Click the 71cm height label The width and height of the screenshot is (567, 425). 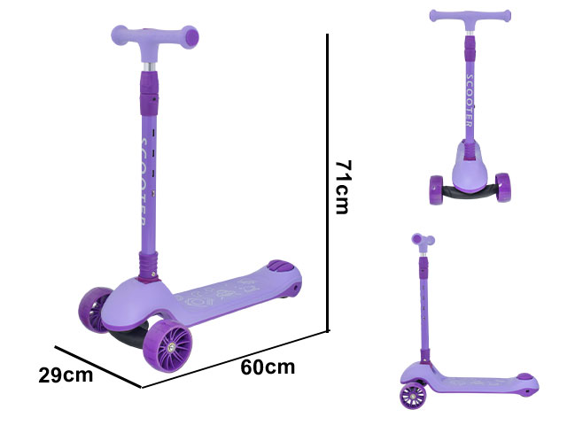point(343,187)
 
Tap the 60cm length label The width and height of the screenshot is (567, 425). point(268,367)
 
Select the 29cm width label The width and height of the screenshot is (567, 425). point(66,375)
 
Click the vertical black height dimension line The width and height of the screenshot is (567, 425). point(328,182)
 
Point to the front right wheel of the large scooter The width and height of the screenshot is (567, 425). point(167,345)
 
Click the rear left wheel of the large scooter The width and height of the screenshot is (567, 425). point(94,309)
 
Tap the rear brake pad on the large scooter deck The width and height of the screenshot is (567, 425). point(282,266)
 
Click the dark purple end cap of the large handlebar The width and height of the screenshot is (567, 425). point(191,37)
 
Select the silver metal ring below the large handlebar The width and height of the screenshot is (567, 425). point(150,67)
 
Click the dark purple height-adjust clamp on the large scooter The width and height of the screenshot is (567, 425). point(150,92)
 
